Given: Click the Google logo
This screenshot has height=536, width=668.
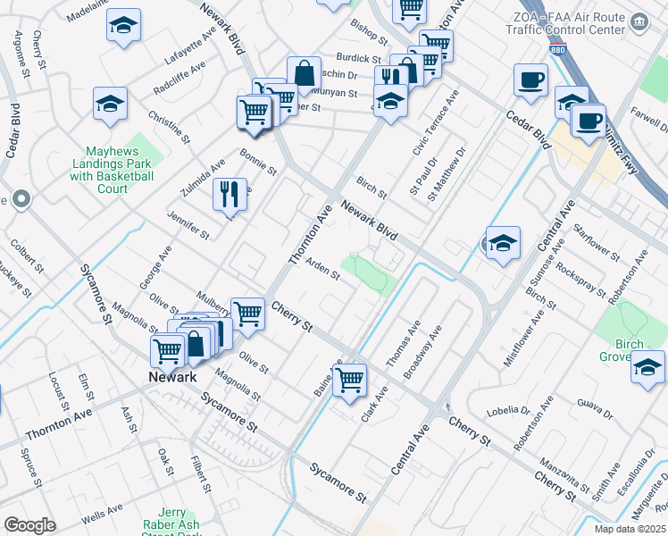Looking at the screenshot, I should click(x=29, y=525).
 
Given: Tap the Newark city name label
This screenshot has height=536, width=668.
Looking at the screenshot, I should click(x=171, y=377).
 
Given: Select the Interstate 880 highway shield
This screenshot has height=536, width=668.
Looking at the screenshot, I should click(x=557, y=48).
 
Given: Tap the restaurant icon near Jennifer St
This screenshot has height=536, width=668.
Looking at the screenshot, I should click(x=230, y=194).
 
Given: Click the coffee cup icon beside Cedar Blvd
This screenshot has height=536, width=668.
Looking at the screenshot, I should click(x=530, y=80).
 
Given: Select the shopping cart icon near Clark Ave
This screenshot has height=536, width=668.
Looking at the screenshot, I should click(x=349, y=379).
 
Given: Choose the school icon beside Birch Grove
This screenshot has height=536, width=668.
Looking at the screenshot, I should click(x=647, y=367).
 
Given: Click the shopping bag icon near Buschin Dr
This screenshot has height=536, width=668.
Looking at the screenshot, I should click(x=304, y=73).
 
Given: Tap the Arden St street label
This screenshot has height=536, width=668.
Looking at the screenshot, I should click(x=323, y=270).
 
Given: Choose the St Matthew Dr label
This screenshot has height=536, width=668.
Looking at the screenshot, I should click(x=447, y=175).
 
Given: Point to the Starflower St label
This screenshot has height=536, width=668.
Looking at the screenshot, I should click(x=597, y=242).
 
